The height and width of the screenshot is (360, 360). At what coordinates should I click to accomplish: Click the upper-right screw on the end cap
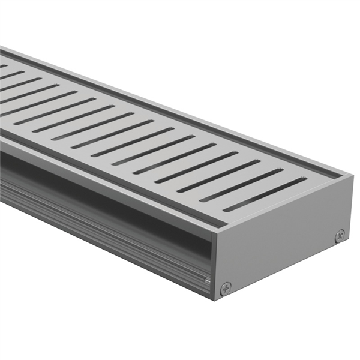[x=340, y=236]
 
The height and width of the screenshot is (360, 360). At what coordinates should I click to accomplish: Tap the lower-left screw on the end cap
[x=225, y=288]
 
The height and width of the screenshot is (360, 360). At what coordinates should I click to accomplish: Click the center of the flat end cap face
[x=282, y=240]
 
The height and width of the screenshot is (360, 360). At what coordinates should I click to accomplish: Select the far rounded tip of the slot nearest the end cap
[x=304, y=179]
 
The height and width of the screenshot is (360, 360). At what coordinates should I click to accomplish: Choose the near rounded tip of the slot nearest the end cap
[x=226, y=209]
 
